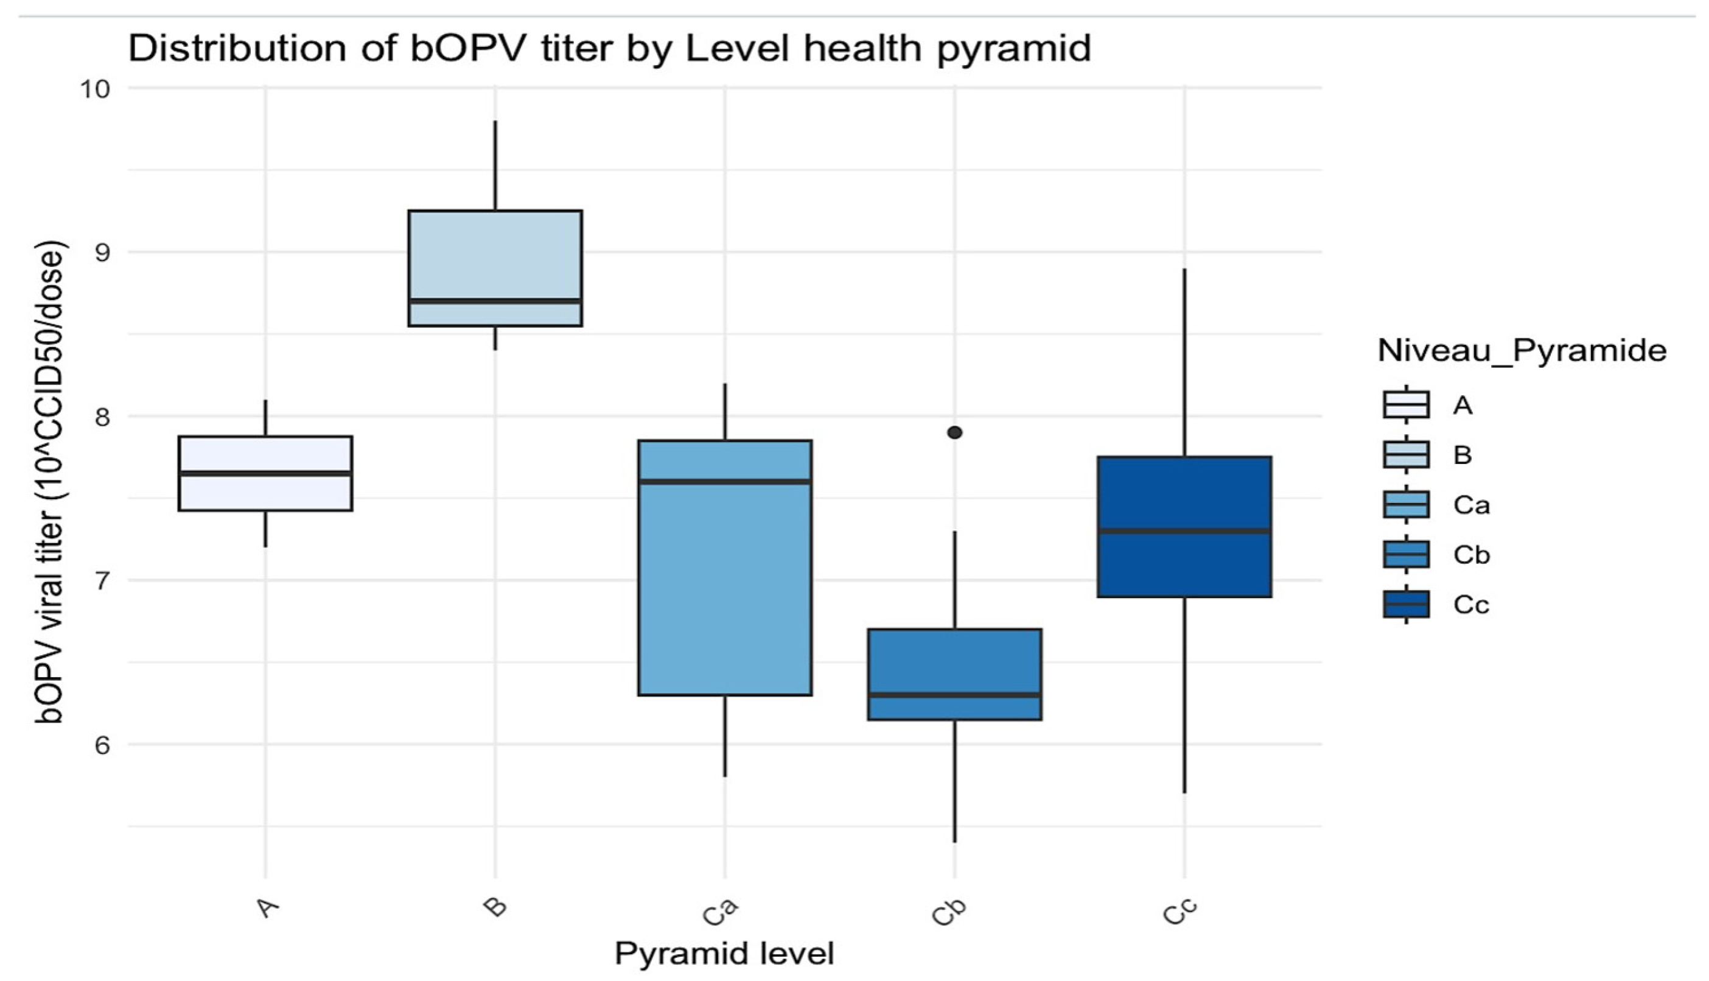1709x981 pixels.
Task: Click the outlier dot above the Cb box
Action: click(x=954, y=432)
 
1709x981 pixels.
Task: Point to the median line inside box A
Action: click(x=265, y=474)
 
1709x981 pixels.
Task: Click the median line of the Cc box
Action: click(x=1184, y=531)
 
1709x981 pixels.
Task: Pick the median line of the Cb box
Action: click(x=954, y=695)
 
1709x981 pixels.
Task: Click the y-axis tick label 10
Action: click(x=95, y=89)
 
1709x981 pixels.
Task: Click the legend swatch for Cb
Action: click(x=1406, y=555)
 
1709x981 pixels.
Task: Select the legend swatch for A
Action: click(x=1406, y=405)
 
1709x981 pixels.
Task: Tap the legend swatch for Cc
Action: click(x=1406, y=604)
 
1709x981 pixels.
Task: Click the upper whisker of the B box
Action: click(x=495, y=165)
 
